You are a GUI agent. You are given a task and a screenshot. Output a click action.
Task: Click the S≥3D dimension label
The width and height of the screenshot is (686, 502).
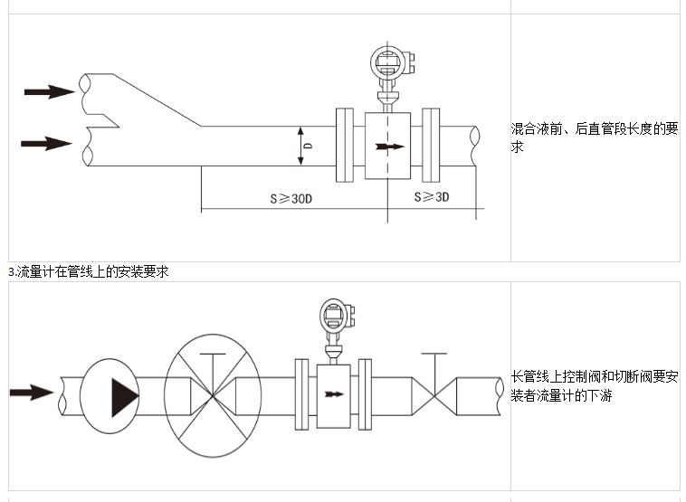coord(432,197)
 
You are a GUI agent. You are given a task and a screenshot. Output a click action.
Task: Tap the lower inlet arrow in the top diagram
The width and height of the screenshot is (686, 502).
coord(46,143)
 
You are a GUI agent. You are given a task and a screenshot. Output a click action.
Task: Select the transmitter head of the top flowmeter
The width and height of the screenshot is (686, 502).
coord(391,62)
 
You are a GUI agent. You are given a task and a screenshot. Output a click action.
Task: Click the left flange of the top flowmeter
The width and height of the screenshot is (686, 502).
coord(345,145)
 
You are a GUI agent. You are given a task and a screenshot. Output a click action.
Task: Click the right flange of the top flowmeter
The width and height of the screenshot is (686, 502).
coord(431,145)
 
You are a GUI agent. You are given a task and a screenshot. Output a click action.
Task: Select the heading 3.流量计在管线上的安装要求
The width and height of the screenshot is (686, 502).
coord(89,271)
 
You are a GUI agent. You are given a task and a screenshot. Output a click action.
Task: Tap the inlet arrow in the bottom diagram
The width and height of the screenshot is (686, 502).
coord(32,393)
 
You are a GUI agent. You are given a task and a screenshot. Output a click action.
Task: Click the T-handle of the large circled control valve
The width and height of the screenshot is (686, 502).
coord(213,355)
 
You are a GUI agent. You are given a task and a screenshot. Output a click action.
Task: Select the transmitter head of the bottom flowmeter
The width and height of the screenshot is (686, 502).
coord(336,316)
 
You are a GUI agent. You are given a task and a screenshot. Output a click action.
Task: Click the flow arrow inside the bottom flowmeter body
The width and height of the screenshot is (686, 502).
coord(334,393)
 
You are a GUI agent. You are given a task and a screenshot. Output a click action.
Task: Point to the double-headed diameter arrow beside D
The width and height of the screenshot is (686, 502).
coord(300,147)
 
